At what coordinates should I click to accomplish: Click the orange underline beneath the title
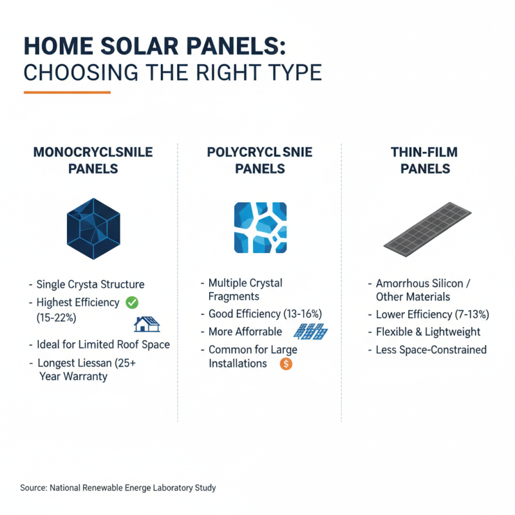click(x=67, y=92)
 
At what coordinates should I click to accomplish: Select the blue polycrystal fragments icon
click(x=260, y=228)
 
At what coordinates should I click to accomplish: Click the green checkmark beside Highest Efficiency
click(x=132, y=302)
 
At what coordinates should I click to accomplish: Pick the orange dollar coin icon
click(x=286, y=364)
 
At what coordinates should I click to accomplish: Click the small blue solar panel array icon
click(x=310, y=332)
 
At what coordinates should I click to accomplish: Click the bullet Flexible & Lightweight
click(x=428, y=332)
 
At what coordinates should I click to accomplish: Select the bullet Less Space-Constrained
click(x=431, y=350)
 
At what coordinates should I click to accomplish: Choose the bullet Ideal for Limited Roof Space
click(x=103, y=344)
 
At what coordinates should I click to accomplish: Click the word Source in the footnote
click(x=33, y=488)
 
